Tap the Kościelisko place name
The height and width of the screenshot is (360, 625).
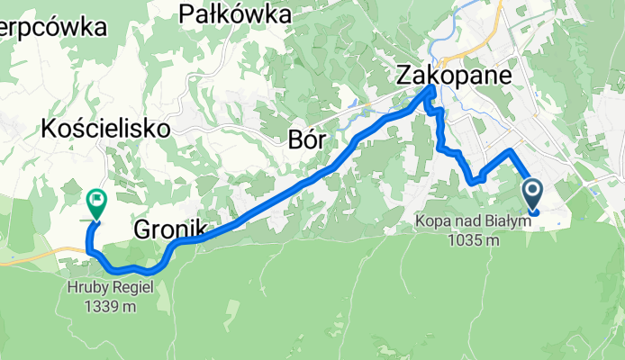click(106, 130)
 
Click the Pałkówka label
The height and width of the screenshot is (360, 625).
click(236, 14)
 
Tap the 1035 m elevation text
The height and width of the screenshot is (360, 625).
click(470, 240)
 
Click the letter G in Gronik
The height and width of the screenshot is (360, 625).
click(142, 230)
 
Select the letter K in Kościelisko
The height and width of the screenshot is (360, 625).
click(49, 130)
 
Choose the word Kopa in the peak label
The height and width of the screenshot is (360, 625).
click(430, 221)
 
